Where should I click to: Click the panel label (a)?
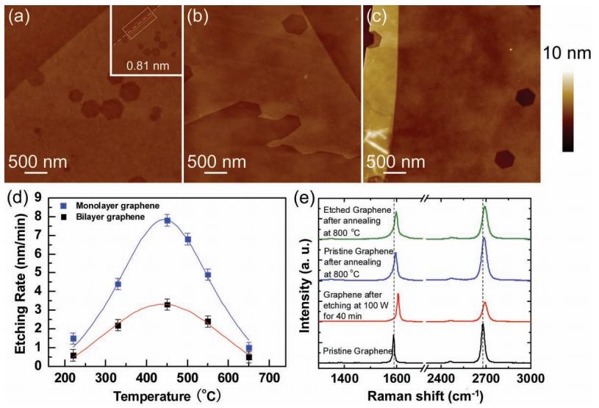tap(18, 16)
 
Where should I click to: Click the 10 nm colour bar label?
tap(566, 53)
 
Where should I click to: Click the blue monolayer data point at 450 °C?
tap(168, 220)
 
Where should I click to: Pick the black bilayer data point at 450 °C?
tap(168, 304)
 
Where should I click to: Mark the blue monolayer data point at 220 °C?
tap(73, 338)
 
